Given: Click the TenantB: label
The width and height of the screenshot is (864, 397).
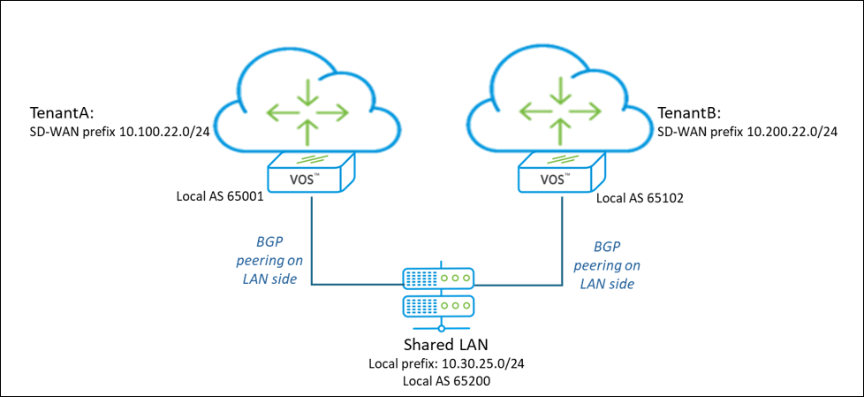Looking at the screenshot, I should (x=690, y=114).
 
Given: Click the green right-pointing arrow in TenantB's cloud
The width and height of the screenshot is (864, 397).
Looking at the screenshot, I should (x=586, y=112).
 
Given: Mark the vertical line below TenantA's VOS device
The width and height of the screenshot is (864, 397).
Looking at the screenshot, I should (x=311, y=239).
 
